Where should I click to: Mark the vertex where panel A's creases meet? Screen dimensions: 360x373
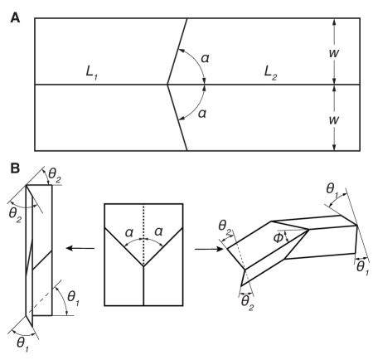point(167,84)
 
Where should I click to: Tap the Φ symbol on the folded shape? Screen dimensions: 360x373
point(279,236)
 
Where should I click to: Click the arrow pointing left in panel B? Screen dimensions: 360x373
point(80,247)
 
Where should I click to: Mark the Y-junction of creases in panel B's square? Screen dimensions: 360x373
point(143,266)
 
